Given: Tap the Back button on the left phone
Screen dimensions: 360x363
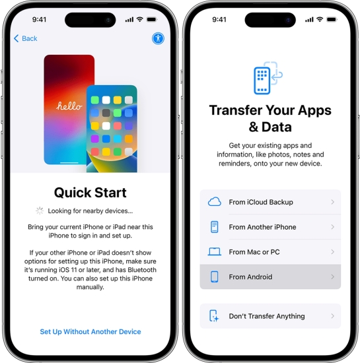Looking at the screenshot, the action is click(26, 38).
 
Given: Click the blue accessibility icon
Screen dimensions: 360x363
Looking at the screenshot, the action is click(159, 38).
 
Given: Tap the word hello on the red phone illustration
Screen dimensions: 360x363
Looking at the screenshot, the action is click(69, 106).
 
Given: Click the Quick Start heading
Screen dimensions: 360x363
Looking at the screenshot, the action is click(90, 193).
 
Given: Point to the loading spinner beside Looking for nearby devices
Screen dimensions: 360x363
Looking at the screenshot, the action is click(40, 211).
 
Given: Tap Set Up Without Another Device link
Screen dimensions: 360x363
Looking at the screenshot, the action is click(90, 331).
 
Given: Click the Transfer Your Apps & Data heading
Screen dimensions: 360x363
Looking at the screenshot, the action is click(270, 118).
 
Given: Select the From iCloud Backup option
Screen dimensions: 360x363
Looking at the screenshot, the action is click(270, 202).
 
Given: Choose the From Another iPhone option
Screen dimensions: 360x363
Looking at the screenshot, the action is click(270, 227).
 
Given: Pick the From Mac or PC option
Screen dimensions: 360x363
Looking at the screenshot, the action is click(270, 251).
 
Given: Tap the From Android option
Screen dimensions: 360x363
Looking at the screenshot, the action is click(270, 277).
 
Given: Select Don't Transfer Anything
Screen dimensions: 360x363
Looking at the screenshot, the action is click(270, 316).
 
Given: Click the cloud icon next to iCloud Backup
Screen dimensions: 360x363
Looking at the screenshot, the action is click(215, 202).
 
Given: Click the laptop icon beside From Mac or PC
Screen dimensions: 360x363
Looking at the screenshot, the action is click(215, 251).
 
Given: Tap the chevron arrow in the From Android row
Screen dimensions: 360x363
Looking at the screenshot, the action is click(333, 277).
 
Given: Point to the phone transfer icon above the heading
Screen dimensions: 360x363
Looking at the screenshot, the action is click(268, 78).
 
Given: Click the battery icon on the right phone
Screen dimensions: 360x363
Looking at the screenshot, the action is click(332, 19).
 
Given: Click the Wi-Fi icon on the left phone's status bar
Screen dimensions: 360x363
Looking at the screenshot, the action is click(139, 19).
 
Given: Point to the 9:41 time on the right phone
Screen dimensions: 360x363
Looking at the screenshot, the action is click(219, 19).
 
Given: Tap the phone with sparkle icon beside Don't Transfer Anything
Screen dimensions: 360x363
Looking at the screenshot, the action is click(214, 316).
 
